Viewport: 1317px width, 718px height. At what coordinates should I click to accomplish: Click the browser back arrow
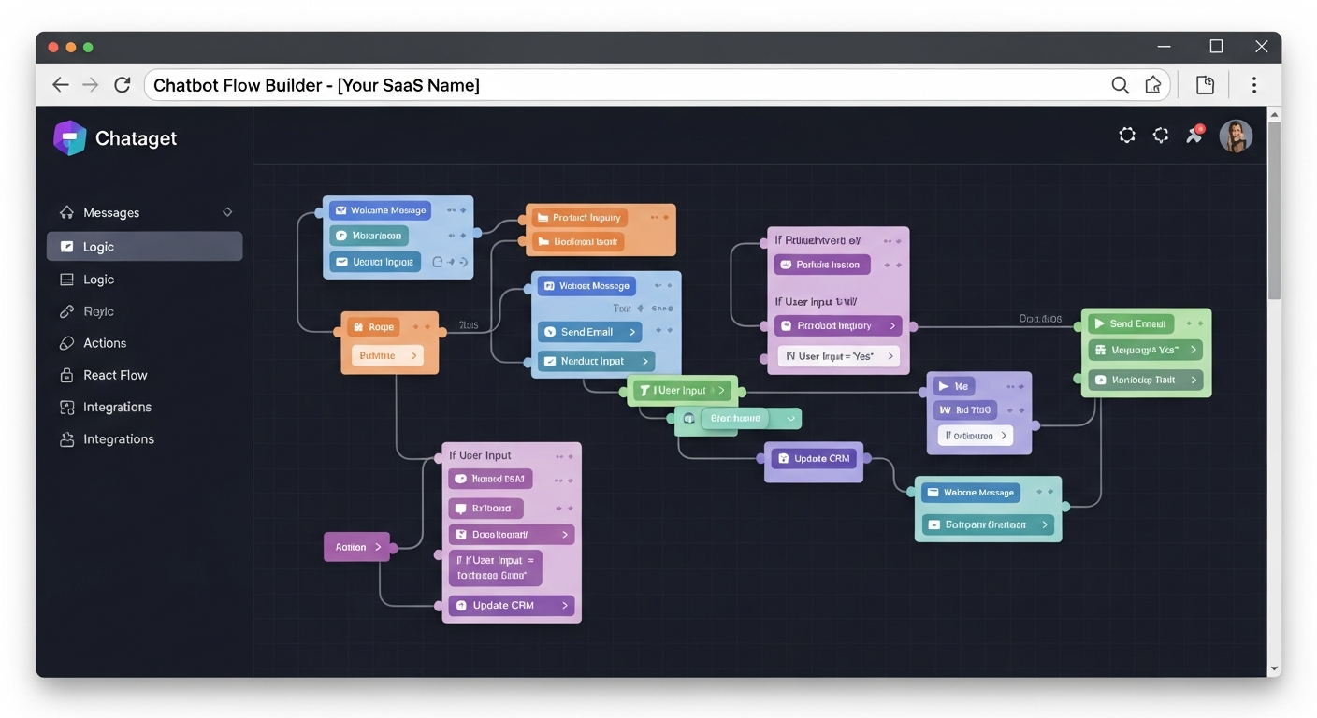[61, 85]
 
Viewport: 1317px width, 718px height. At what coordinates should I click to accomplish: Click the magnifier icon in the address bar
[1120, 85]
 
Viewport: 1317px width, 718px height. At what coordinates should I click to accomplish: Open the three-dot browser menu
[1253, 85]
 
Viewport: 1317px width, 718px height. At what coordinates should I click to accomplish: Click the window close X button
[1261, 47]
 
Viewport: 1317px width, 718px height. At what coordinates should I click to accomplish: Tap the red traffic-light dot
[53, 47]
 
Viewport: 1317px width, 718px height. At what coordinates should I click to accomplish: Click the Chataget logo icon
[70, 138]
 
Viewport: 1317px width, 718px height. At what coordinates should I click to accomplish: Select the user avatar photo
[1235, 136]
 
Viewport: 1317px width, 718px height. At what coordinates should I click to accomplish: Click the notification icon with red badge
[1194, 135]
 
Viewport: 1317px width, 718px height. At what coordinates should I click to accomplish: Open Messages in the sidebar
[110, 213]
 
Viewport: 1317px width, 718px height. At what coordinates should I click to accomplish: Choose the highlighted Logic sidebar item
[144, 247]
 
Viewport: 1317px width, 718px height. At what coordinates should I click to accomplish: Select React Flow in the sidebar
[114, 375]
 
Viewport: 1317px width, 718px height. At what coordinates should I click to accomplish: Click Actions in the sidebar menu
[104, 343]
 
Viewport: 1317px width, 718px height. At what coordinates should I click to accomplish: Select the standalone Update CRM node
[813, 459]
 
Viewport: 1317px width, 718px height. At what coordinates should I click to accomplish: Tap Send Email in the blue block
[589, 332]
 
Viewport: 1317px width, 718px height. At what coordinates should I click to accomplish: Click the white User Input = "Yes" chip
[838, 356]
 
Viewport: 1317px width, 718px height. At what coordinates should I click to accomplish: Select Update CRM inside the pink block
[511, 606]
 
